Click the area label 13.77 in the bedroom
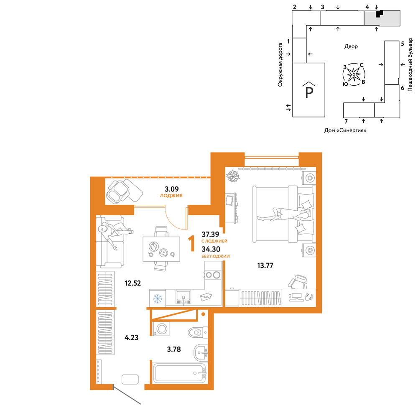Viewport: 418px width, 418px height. click(265, 265)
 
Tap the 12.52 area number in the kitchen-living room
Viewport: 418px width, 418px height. click(133, 283)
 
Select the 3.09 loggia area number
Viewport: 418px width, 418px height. click(171, 189)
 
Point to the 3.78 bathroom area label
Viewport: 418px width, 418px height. click(174, 349)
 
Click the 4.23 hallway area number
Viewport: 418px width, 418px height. click(131, 337)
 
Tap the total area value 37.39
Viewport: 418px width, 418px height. click(210, 234)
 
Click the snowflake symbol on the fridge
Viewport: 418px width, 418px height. click(158, 298)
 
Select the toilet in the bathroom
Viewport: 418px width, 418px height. click(198, 332)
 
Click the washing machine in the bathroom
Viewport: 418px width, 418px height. click(161, 329)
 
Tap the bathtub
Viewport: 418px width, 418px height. click(180, 373)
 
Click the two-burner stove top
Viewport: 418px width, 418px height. click(213, 275)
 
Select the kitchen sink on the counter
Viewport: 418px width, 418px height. click(183, 297)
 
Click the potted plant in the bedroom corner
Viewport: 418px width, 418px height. click(233, 176)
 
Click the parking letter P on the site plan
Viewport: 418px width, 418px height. click(309, 92)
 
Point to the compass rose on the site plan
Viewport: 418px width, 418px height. click(354, 74)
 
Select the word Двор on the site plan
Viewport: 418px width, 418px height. click(351, 46)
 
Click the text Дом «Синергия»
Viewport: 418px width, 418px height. click(345, 130)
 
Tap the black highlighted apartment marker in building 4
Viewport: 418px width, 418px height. click(379, 14)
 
